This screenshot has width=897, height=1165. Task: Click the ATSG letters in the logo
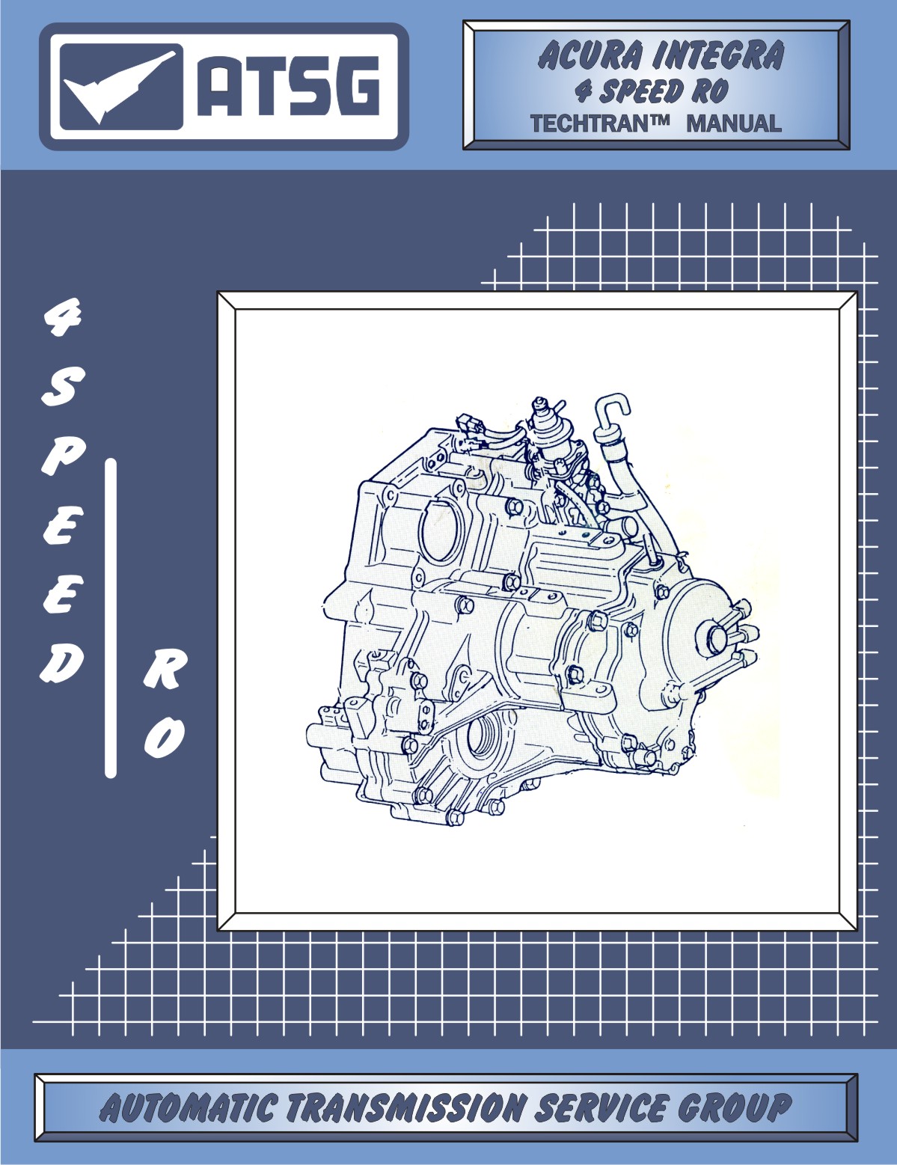[289, 88]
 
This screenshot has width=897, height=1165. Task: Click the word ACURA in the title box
[590, 57]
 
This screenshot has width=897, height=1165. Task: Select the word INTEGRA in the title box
[719, 57]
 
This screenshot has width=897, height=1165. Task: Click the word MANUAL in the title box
[733, 123]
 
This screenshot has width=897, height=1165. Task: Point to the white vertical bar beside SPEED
[111, 617]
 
